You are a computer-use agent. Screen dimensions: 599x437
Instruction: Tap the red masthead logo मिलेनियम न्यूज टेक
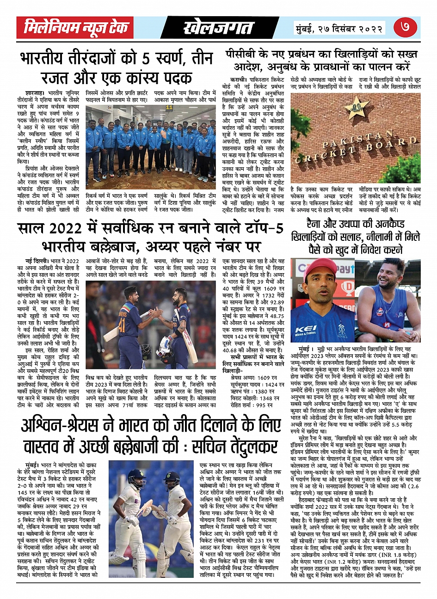pyautogui.click(x=76, y=28)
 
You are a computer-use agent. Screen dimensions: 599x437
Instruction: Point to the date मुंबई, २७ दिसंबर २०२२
pyautogui.click(x=340, y=29)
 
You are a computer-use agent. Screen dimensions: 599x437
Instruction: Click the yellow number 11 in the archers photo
pyautogui.click(x=169, y=108)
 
